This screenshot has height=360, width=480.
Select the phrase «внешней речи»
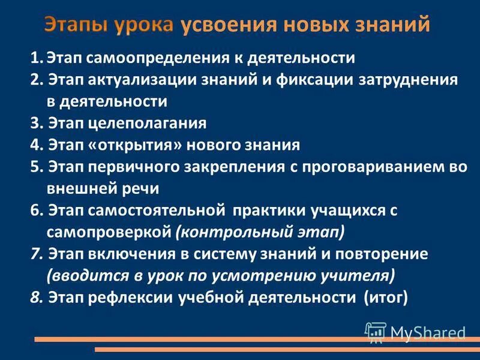tap(103, 188)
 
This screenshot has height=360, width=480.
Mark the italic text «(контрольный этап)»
tap(260, 232)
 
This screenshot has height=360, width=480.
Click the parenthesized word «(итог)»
tap(386, 297)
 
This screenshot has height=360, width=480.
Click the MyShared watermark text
tap(427, 332)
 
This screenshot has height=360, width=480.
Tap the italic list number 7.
tap(35, 254)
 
